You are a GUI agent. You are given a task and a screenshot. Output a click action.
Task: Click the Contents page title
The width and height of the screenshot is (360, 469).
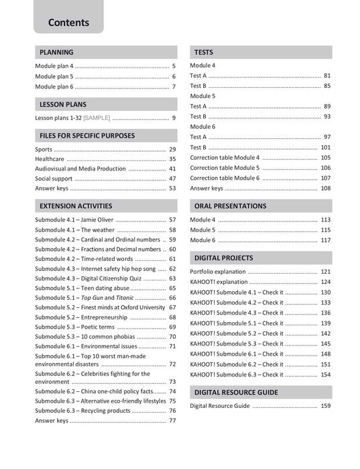68,22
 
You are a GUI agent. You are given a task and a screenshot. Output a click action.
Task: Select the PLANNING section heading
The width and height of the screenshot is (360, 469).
56,52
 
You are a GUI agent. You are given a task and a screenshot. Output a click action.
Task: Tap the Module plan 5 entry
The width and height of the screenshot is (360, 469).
54,76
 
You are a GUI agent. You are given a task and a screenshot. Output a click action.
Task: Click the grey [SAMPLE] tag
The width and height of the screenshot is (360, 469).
97,118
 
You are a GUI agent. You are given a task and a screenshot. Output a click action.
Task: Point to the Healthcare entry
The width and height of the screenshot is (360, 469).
50,159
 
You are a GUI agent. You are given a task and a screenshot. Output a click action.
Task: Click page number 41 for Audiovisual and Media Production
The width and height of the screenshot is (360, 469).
172,169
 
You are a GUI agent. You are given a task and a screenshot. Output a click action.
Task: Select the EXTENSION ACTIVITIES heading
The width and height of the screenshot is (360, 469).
76,206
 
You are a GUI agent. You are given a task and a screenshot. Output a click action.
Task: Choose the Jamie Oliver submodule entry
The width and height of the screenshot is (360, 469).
73,220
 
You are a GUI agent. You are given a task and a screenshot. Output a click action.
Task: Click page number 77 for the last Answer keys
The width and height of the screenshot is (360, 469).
172,421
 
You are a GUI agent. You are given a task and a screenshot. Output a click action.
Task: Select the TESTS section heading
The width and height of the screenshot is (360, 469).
204,52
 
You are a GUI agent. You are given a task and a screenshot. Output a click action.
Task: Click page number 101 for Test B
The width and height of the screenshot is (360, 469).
326,147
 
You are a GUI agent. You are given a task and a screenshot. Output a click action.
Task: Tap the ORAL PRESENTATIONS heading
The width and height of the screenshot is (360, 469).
230,206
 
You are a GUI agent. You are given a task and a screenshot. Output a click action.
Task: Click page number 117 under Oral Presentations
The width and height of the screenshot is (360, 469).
326,240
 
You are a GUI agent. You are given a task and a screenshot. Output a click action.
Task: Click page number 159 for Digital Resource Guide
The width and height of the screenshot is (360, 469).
326,406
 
